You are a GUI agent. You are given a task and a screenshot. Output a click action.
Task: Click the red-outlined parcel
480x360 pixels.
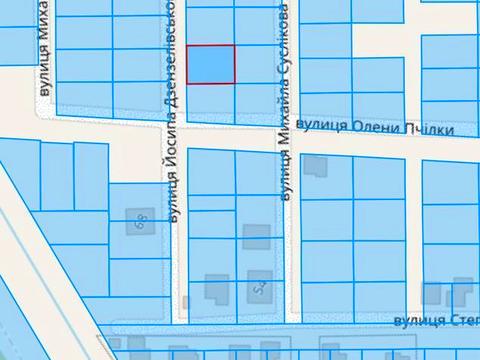[x=212, y=64]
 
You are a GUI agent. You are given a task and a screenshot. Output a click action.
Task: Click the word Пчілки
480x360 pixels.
[x=429, y=129]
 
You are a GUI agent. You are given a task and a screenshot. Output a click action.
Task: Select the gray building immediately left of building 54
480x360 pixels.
[x=215, y=290]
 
